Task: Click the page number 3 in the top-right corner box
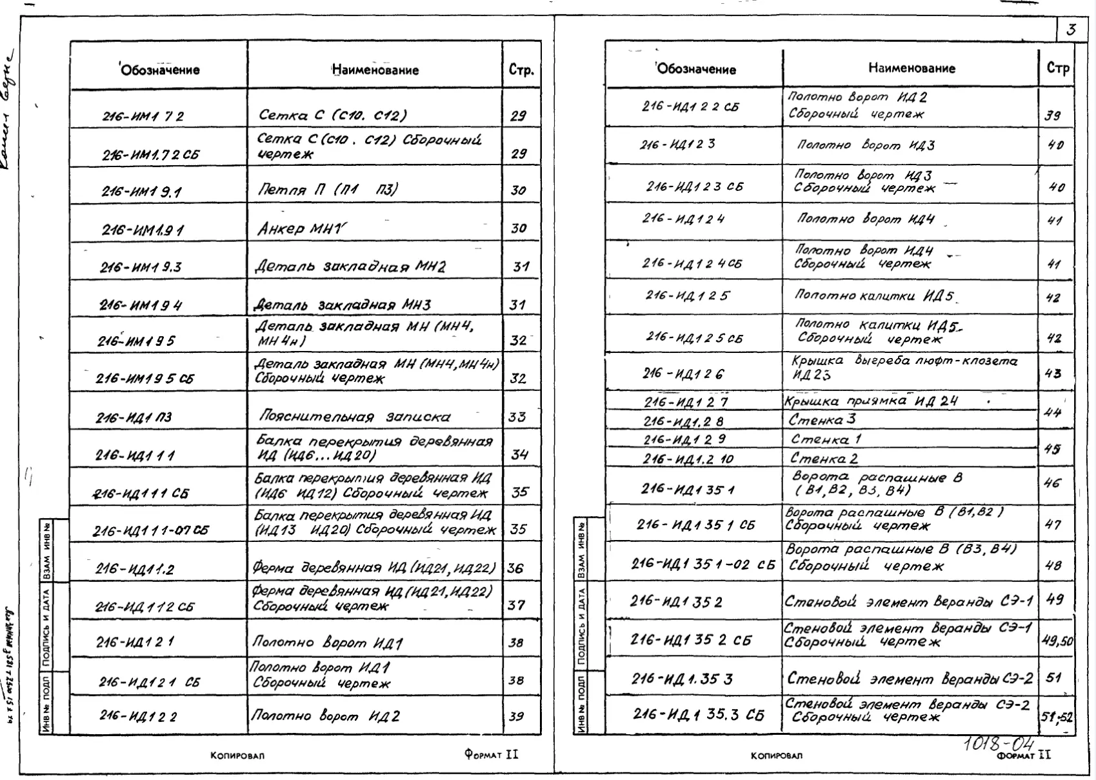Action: [x=1071, y=30]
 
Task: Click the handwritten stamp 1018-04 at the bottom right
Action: [x=1000, y=744]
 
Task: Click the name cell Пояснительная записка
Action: [x=354, y=417]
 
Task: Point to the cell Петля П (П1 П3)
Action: [x=328, y=190]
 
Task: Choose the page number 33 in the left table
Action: [x=517, y=417]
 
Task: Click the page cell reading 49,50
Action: [x=1057, y=641]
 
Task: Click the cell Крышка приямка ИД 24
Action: [x=871, y=401]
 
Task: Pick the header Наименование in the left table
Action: [x=375, y=70]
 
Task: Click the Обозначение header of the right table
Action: [x=696, y=69]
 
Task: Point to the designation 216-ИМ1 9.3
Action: [x=141, y=267]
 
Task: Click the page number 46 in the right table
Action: [x=1052, y=483]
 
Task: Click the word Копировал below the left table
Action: [x=237, y=755]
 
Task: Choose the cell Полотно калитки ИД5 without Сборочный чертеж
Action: [x=874, y=296]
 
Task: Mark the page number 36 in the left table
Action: [x=515, y=568]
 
